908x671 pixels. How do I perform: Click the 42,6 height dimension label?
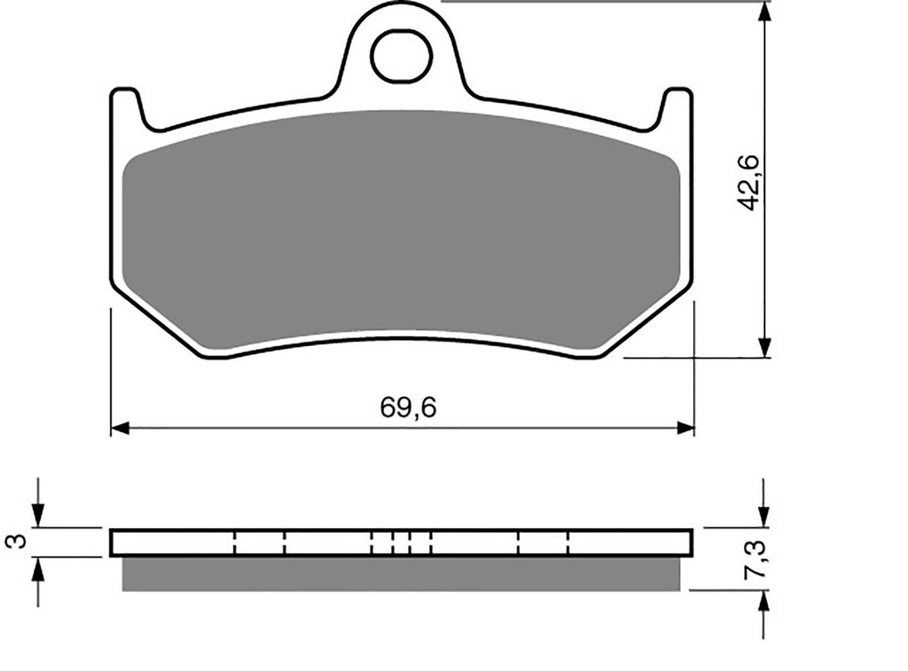tap(749, 183)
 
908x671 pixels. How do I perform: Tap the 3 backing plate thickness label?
tap(19, 541)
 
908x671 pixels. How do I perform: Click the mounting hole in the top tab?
tap(402, 57)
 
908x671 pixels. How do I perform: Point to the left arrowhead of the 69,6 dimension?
tap(120, 428)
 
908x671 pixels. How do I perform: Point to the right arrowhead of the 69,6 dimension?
tap(685, 428)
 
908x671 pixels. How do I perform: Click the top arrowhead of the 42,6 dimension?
tap(765, 11)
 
